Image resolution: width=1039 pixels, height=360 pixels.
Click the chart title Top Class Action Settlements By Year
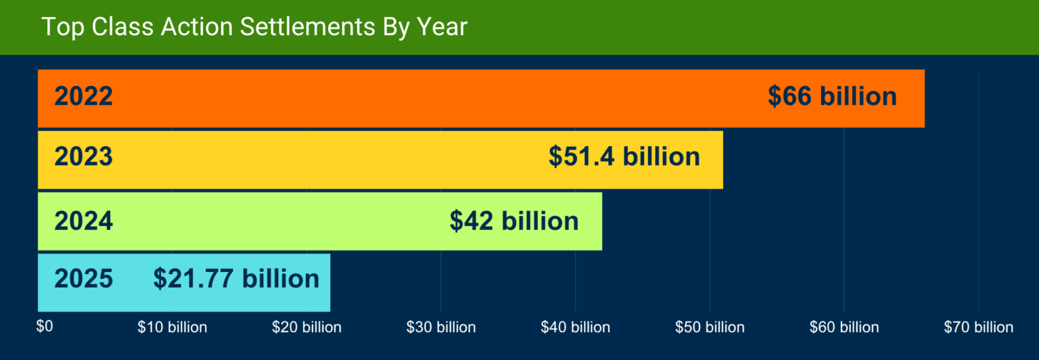254,27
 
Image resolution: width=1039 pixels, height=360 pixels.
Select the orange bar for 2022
440,98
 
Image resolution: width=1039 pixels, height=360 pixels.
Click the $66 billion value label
832,97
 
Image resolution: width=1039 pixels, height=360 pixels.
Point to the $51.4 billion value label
624,157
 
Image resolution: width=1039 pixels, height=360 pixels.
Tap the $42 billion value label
514,221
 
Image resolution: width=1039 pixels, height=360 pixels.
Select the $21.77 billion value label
236,279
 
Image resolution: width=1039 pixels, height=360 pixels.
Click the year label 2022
83,97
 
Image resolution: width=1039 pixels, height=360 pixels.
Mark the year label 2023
83,157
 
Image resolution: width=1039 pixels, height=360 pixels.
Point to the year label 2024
83,221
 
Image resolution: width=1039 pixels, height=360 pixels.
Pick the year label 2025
83,279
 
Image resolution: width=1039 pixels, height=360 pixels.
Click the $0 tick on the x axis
44,327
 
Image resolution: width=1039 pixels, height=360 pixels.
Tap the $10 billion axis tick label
172,328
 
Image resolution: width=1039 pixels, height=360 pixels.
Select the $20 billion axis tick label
306,328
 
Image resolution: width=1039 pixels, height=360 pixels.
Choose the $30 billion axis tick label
441,328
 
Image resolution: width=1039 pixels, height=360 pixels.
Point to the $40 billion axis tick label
576,328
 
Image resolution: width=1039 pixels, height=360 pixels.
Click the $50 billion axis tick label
710,328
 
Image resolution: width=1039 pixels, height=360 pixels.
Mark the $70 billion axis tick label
979,328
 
